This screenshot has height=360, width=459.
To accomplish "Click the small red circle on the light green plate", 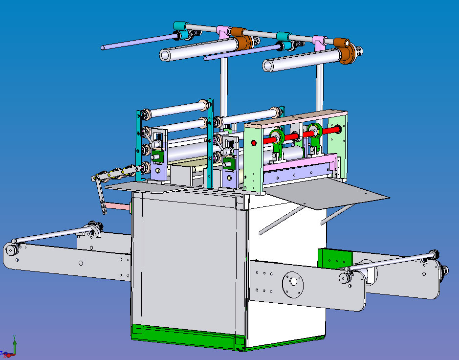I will click(253, 143).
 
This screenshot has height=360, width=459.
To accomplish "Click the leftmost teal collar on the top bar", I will click(180, 25).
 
